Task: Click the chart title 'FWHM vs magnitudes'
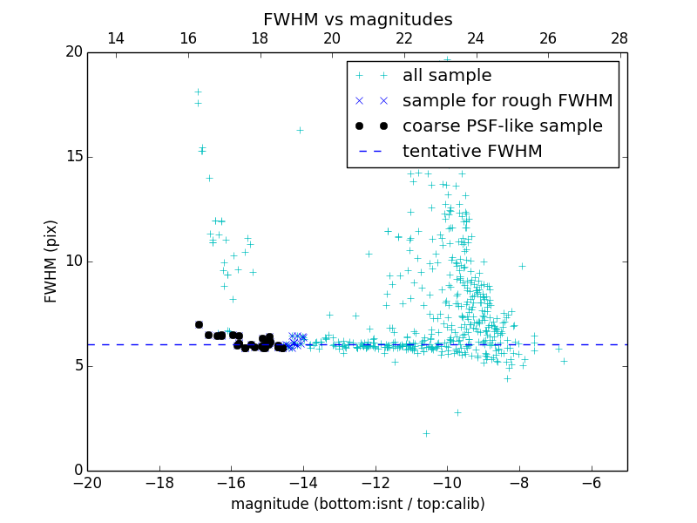(357, 19)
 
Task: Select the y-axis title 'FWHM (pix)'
(51, 261)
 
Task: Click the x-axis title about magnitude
(357, 504)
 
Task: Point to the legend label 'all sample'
(447, 76)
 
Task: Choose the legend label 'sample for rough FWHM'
(507, 101)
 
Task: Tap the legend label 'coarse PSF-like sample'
(502, 126)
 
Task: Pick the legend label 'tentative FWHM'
(472, 152)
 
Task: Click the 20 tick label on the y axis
(72, 52)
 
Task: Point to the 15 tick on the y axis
(72, 157)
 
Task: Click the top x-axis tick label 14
(116, 38)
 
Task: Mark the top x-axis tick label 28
(619, 38)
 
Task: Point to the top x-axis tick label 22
(403, 38)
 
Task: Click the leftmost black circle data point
(199, 324)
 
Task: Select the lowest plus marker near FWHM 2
(426, 433)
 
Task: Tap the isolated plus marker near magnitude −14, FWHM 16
(300, 130)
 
